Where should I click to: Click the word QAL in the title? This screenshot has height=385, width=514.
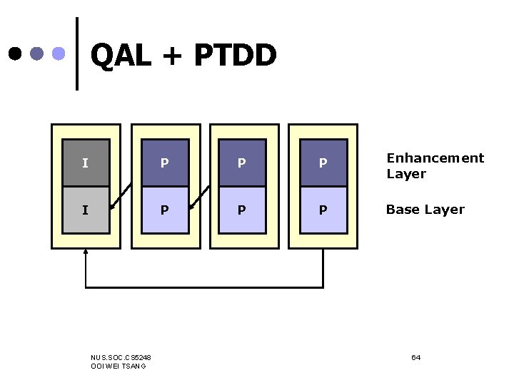pos(121,56)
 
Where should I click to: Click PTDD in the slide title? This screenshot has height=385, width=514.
pos(234,56)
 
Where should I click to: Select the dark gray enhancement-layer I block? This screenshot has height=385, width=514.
pos(86,163)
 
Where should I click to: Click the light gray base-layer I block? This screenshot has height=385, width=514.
pos(86,210)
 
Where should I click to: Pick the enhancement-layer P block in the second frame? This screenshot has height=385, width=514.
pos(165,163)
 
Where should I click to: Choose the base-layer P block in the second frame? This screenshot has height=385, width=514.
pos(165,210)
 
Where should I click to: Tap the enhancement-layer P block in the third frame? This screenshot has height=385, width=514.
pos(242,163)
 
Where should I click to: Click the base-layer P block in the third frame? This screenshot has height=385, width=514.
pos(242,210)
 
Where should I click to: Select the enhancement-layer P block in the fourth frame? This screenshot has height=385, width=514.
pos(323,163)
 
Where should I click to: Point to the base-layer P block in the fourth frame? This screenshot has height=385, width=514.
pos(323,210)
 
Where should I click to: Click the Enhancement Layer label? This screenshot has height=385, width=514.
pos(435,165)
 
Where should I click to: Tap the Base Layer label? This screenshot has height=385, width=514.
pos(425,210)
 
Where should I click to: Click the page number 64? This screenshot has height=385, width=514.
pos(415,356)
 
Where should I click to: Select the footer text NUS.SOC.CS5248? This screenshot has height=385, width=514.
pos(121,356)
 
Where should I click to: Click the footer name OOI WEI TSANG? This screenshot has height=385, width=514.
pos(119,366)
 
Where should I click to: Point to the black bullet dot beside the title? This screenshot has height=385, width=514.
pos(15,53)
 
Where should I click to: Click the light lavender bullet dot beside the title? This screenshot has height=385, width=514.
pos(60,53)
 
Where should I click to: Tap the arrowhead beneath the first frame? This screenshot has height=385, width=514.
pos(86,252)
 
